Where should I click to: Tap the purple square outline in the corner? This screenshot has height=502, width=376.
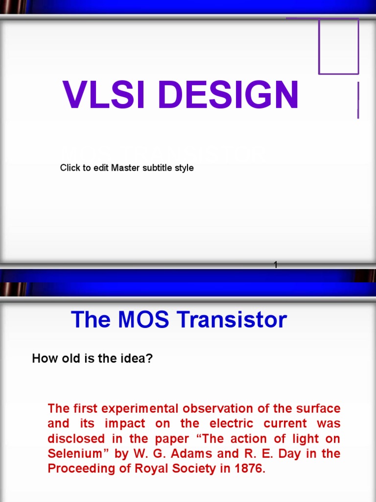point(338,46)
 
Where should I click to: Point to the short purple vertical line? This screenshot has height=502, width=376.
point(358,100)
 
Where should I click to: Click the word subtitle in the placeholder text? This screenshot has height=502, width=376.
point(156,168)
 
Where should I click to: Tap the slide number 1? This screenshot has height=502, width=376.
point(276,265)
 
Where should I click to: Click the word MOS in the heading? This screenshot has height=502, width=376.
point(141,320)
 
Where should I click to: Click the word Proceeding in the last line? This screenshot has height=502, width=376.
point(77,469)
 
